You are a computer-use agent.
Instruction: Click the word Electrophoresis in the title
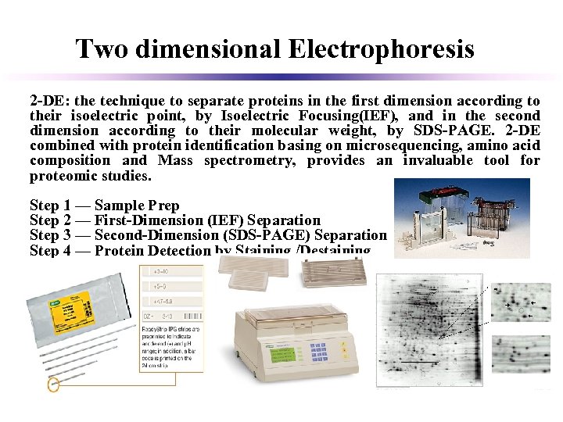click(x=381, y=50)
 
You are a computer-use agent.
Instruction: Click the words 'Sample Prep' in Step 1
click(x=137, y=206)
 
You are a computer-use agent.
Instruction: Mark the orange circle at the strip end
click(x=53, y=385)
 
